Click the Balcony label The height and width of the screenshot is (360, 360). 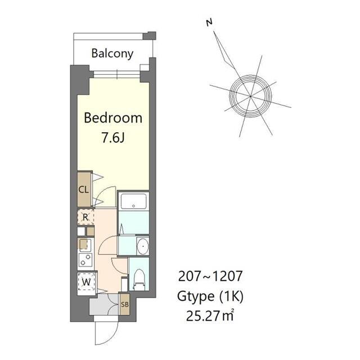[112, 54]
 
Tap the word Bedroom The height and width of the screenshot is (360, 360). [113, 118]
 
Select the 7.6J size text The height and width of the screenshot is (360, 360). [113, 138]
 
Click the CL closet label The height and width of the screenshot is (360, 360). [83, 190]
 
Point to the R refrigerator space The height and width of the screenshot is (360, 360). [85, 217]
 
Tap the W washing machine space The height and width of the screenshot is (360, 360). [86, 282]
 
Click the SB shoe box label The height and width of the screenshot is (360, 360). [125, 304]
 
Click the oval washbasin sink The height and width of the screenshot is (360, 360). [142, 246]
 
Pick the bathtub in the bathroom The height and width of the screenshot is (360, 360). [134, 201]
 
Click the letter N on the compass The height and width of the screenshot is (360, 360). [209, 22]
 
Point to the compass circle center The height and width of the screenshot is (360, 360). [250, 96]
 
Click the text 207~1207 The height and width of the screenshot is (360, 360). [210, 276]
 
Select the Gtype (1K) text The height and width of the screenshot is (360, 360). [210, 296]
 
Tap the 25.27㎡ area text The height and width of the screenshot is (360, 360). [210, 316]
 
